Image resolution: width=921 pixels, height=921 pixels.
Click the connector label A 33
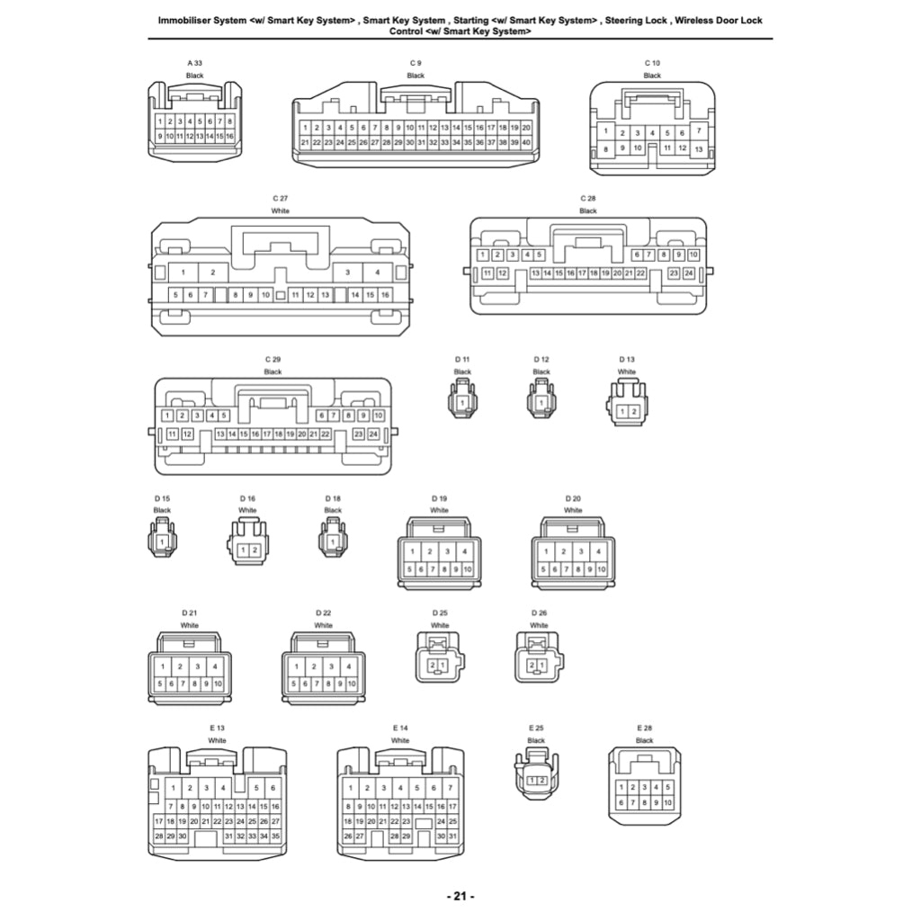pos(194,63)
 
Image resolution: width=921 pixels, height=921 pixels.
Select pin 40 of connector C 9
pos(526,142)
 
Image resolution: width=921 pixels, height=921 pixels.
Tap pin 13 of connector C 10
pos(698,148)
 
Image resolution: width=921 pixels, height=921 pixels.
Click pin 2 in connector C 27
pos(213,272)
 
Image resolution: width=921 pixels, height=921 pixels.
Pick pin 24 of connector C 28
pos(689,273)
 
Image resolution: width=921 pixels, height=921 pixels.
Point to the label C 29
pos(273,359)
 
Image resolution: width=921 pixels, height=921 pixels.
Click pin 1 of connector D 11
pos(462,403)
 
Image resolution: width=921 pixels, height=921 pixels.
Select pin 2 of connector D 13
pos(634,411)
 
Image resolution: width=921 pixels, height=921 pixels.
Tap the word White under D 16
pos(247,510)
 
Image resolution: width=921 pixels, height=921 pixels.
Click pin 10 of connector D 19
pos(468,568)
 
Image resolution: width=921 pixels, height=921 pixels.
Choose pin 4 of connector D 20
pos(598,551)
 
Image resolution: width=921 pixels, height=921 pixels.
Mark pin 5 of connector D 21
pos(160,684)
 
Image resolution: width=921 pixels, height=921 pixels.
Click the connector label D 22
pos(324,613)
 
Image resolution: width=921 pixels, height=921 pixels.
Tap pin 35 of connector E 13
pos(275,836)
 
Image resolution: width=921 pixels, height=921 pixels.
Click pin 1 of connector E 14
pos(348,788)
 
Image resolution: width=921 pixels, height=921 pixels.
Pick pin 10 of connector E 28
pos(667,801)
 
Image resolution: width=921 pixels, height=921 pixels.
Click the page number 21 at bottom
pos(460,896)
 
